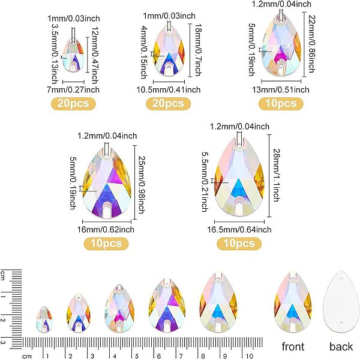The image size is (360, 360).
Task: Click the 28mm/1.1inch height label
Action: [276, 174]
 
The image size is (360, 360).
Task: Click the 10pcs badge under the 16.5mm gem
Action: [238, 243]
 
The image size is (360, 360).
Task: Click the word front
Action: [293, 346]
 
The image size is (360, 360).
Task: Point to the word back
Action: [341, 346]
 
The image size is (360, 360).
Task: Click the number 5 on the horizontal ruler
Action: [136, 356]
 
